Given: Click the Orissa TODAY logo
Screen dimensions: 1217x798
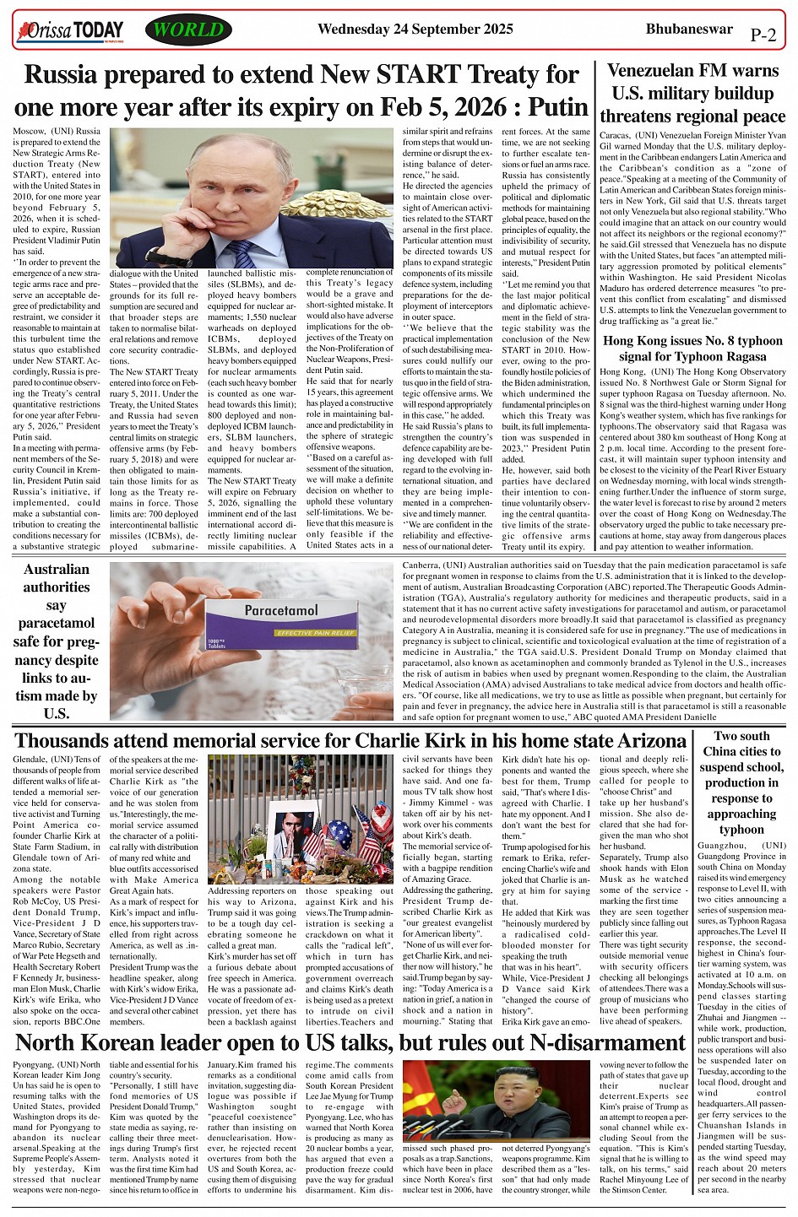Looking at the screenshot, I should coord(70,31).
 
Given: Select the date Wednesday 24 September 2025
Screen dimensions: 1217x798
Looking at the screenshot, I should coord(415,30).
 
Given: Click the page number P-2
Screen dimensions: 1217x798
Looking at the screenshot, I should coord(763,35).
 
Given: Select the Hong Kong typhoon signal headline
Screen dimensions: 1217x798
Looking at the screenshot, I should coord(692,349).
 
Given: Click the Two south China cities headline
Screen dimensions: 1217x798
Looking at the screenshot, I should coord(741,782).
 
